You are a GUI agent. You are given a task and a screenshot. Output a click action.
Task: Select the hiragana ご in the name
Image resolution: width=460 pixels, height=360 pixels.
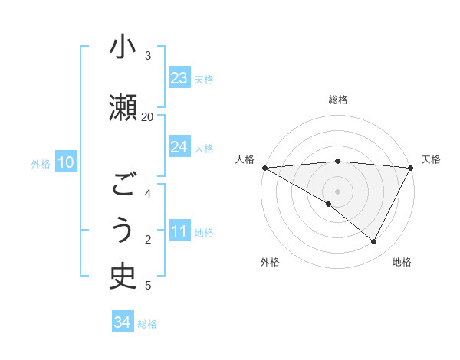tap(123, 185)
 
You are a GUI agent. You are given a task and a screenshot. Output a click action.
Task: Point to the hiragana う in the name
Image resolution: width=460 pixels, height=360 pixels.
tap(123, 230)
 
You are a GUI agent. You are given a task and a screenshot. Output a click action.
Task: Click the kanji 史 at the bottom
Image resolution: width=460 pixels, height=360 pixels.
tap(123, 276)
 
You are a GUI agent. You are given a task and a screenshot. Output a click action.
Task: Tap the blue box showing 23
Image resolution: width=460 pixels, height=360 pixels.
tap(179, 78)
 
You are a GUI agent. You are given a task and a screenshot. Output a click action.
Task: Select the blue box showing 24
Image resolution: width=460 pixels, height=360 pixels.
tap(179, 147)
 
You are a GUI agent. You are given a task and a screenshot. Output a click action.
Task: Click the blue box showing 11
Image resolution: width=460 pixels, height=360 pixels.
tap(179, 231)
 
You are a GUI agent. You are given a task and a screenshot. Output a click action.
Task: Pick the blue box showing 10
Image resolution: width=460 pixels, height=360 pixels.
tap(66, 162)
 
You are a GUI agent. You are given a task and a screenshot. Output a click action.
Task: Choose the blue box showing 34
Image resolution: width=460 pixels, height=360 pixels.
tap(123, 322)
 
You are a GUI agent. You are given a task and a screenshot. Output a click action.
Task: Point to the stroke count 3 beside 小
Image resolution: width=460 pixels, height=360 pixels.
tap(148, 56)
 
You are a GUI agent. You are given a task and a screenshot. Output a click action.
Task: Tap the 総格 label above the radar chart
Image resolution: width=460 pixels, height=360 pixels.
tap(338, 100)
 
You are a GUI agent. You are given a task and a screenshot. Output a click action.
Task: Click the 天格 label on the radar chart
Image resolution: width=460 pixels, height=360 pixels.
tap(431, 159)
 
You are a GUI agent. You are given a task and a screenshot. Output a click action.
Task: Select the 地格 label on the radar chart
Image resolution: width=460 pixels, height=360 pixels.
tap(402, 262)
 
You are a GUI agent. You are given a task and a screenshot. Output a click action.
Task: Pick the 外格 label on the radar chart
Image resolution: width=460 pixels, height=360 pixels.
tap(270, 262)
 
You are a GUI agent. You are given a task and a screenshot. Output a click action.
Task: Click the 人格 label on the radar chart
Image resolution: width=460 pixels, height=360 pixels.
tap(245, 159)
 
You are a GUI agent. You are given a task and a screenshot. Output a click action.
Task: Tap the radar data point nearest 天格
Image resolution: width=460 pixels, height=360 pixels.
tap(411, 167)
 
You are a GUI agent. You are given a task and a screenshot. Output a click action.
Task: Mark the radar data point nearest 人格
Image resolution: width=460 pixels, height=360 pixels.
tap(264, 167)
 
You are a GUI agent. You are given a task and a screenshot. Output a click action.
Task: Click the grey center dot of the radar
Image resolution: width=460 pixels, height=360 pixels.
tap(337, 191)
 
